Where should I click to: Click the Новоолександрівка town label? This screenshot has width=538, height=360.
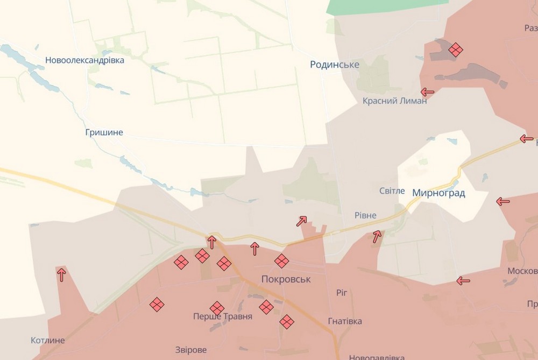pyautogui.click(x=84, y=60)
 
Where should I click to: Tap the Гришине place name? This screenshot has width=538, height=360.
pyautogui.click(x=104, y=132)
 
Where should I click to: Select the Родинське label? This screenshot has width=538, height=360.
pyautogui.click(x=335, y=65)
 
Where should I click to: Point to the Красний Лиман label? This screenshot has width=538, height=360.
pyautogui.click(x=394, y=101)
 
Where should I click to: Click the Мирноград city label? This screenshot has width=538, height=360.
pyautogui.click(x=438, y=193)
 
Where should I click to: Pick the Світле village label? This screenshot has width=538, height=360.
pyautogui.click(x=392, y=191)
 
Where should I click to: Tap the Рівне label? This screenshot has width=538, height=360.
pyautogui.click(x=365, y=215)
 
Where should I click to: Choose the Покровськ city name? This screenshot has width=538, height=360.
pyautogui.click(x=286, y=279)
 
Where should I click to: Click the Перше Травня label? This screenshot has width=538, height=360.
pyautogui.click(x=223, y=316)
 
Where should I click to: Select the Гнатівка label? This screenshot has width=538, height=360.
pyautogui.click(x=345, y=321)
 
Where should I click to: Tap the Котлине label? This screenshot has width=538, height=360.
pyautogui.click(x=48, y=341)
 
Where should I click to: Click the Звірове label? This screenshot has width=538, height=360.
pyautogui.click(x=190, y=350)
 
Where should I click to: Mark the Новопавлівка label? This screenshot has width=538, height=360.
pyautogui.click(x=377, y=357)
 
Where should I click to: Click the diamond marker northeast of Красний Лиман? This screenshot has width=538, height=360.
pyautogui.click(x=456, y=50)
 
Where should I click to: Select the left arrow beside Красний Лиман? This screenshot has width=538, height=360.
pyautogui.click(x=427, y=91)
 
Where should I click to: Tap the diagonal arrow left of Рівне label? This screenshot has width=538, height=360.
pyautogui.click(x=301, y=221)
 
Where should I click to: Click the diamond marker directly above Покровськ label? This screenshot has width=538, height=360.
pyautogui.click(x=281, y=261)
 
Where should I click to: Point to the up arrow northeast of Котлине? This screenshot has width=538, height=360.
pyautogui.click(x=61, y=274)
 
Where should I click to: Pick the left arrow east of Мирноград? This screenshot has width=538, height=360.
pyautogui.click(x=503, y=202)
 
